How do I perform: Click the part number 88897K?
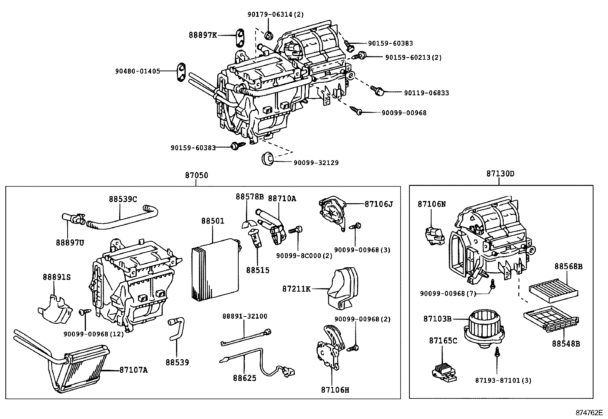click(x=202, y=35)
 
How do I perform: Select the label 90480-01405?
click(x=137, y=71)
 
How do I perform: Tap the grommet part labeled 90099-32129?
click(x=267, y=158)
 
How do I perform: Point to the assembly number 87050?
click(x=196, y=175)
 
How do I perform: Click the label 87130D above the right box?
click(x=500, y=174)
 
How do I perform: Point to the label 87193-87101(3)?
click(x=503, y=380)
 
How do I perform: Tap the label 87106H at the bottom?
click(x=335, y=390)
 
